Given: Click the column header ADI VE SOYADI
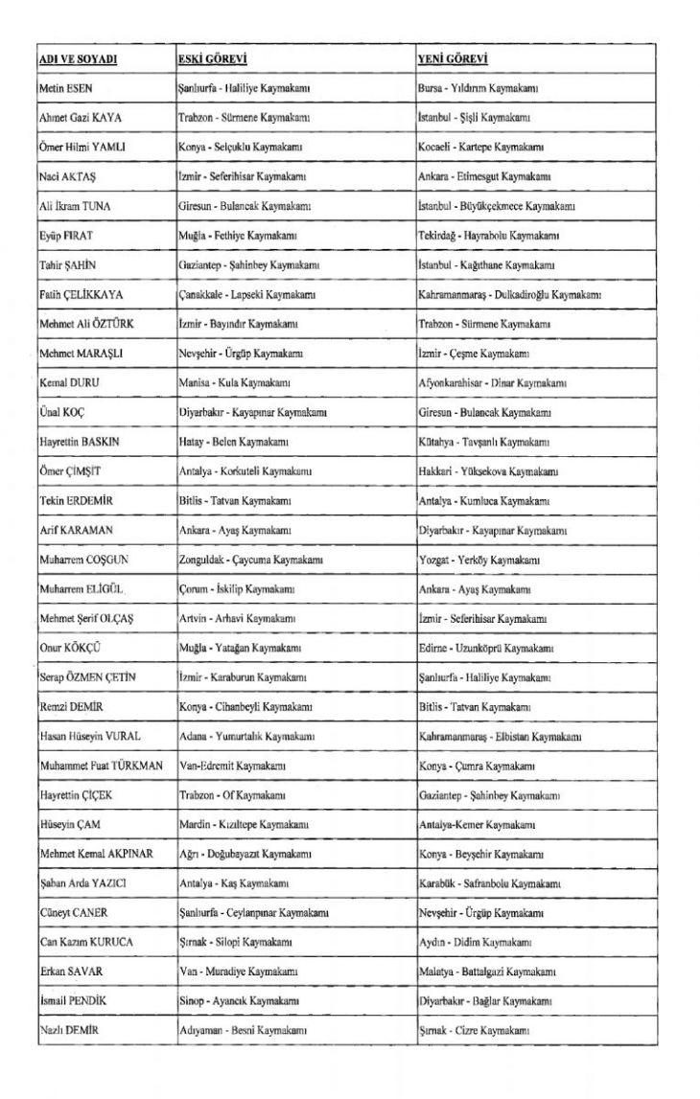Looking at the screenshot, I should [x=78, y=59].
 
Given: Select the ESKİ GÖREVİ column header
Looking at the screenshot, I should [x=215, y=59].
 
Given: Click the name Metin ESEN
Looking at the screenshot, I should [x=66, y=88].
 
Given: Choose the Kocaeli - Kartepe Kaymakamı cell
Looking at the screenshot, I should [x=481, y=148].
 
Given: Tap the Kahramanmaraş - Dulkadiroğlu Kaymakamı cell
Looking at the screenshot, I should [x=509, y=294].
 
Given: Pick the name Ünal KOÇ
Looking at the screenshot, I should [x=62, y=412].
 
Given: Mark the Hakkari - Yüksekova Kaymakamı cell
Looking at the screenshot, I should [x=489, y=471].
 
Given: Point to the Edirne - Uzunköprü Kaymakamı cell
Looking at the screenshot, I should [x=489, y=647].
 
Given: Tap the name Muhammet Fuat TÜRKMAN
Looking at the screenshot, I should [x=101, y=765].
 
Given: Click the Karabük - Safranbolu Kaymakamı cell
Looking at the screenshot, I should [x=490, y=882].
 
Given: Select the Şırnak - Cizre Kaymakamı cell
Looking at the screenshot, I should [x=475, y=1029].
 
